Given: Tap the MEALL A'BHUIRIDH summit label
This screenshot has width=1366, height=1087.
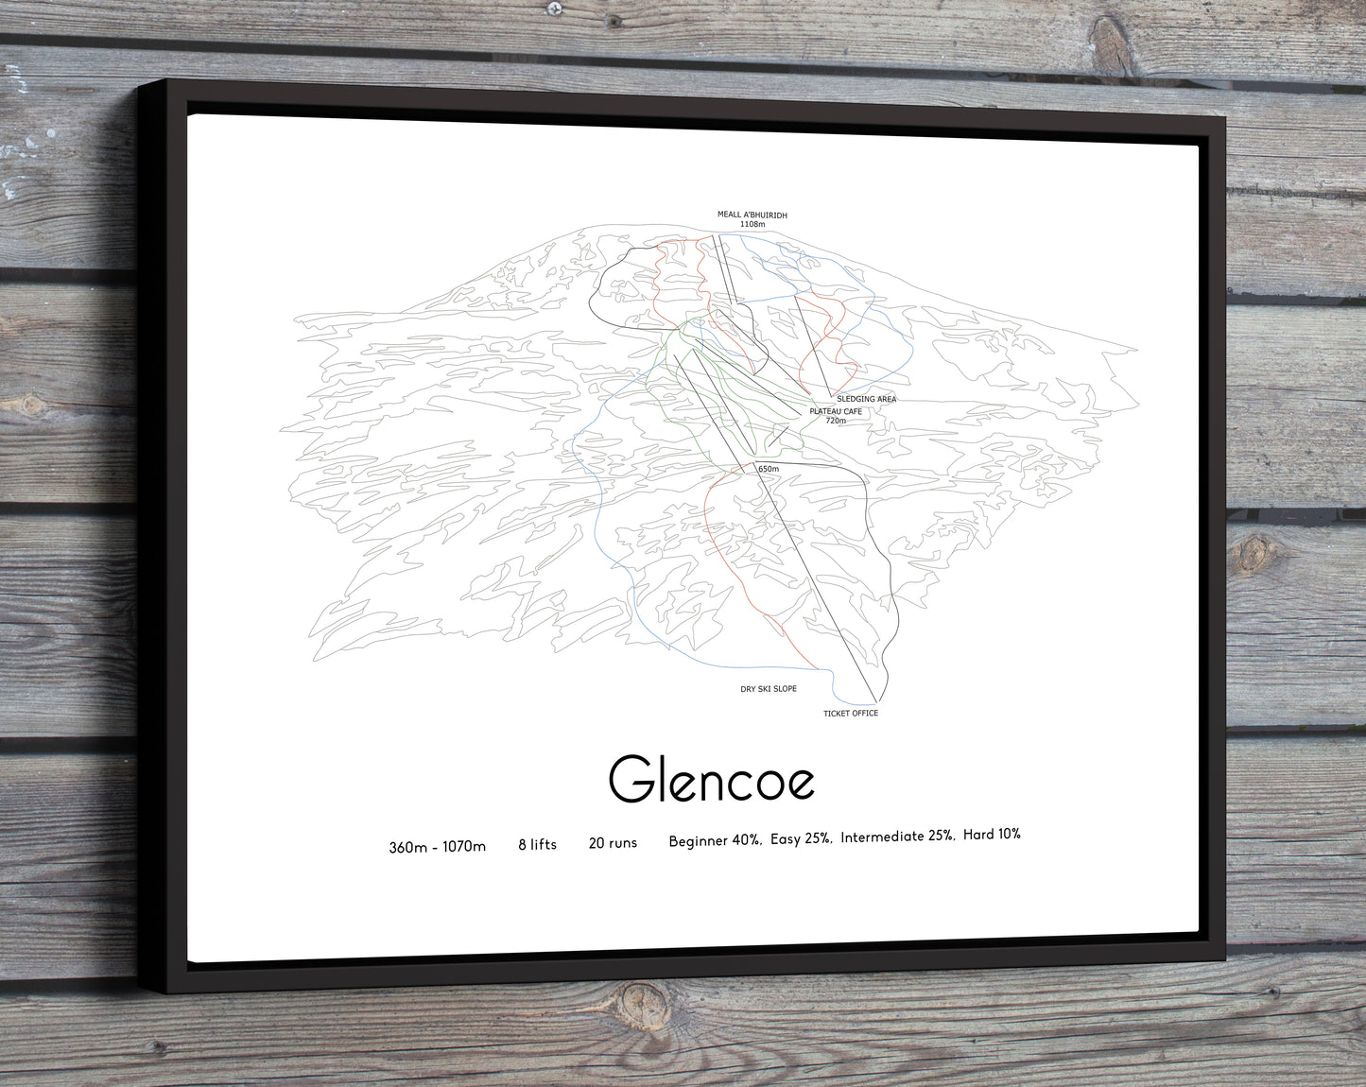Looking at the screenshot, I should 752,216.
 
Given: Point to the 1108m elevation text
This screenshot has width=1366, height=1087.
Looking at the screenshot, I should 752,225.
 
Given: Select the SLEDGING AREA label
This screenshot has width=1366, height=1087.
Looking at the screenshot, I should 866,399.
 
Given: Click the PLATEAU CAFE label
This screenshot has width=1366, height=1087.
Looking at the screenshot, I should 836,411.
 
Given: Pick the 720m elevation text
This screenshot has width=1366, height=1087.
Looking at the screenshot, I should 835,421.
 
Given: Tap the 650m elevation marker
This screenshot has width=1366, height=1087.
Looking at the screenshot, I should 768,469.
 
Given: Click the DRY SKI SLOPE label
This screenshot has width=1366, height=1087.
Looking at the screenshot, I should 768,689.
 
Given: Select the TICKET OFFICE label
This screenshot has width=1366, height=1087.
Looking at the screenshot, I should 851,713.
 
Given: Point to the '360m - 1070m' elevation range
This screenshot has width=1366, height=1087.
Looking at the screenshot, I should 437,847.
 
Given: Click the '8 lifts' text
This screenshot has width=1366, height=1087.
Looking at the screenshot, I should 537,844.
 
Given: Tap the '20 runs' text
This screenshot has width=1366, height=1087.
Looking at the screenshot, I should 613,842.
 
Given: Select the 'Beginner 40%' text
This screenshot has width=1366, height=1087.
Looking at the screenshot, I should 714,840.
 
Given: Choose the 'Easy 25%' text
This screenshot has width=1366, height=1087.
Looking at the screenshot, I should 801,838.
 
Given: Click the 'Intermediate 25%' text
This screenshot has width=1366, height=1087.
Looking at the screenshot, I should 896,837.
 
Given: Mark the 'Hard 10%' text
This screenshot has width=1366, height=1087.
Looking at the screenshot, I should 992,835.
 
